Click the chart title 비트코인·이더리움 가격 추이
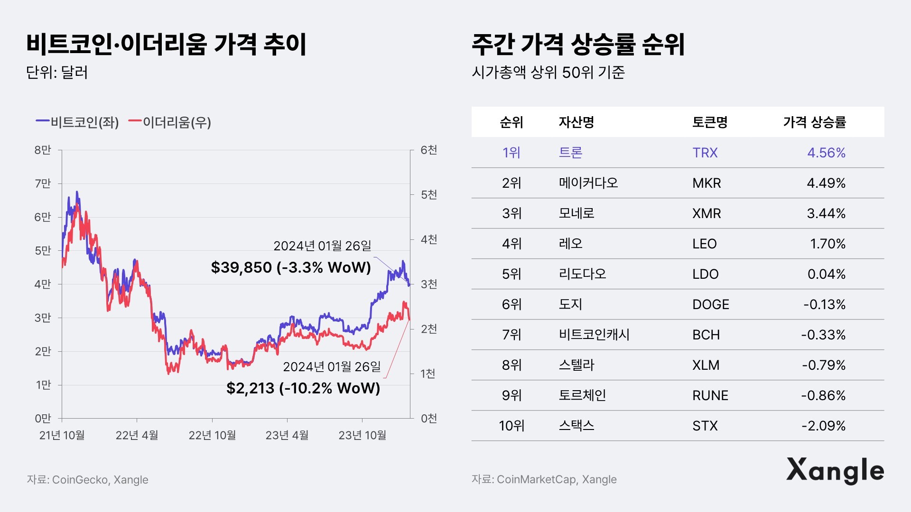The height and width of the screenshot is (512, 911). pyautogui.click(x=166, y=44)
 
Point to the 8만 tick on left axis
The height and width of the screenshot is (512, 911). pyautogui.click(x=43, y=150)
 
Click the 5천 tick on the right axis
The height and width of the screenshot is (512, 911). pyautogui.click(x=429, y=195)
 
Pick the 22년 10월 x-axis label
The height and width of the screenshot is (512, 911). pyautogui.click(x=212, y=435)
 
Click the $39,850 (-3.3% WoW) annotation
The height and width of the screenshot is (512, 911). pyautogui.click(x=291, y=267)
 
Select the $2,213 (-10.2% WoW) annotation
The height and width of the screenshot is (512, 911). pyautogui.click(x=303, y=388)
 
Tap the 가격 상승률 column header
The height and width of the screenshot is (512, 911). pyautogui.click(x=814, y=122)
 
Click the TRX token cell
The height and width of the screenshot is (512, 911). pyautogui.click(x=705, y=153)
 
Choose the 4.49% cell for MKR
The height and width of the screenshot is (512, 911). pyautogui.click(x=826, y=183)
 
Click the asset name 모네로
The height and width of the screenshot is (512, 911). pyautogui.click(x=576, y=213)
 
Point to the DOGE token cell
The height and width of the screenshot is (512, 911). pyautogui.click(x=710, y=304)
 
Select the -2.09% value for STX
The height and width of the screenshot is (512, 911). pyautogui.click(x=823, y=426)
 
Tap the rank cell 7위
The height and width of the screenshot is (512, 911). pyautogui.click(x=511, y=335)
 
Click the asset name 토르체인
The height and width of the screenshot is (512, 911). pyautogui.click(x=582, y=395)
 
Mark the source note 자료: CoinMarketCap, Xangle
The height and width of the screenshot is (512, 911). pyautogui.click(x=544, y=479)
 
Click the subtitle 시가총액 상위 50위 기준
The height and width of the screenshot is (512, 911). pyautogui.click(x=548, y=73)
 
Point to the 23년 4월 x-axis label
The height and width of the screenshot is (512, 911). pyautogui.click(x=287, y=435)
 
